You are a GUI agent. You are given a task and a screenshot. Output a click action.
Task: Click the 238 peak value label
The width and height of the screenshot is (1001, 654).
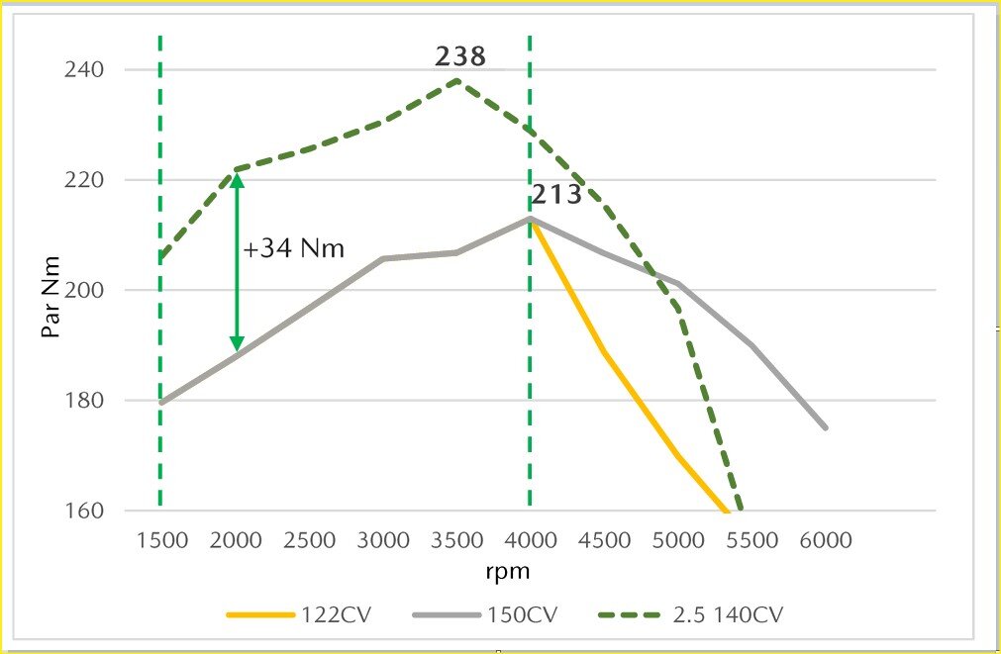pos(460,57)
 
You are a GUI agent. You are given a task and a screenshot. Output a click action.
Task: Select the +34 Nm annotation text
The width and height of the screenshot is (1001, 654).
pos(294,248)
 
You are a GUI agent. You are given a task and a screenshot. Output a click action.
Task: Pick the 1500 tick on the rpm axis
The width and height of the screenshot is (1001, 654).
pos(160,541)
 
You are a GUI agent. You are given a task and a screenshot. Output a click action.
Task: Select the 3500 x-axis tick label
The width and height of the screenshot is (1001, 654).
pos(456,541)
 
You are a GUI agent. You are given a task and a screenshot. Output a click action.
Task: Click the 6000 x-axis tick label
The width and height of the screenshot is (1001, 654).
pos(826,541)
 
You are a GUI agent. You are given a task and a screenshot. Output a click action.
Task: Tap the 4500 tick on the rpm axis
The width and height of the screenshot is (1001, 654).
pos(604,541)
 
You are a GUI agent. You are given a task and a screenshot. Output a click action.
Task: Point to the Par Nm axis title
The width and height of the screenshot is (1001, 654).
pos(50,297)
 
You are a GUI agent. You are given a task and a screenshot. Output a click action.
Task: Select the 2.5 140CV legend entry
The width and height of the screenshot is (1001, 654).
pos(693,613)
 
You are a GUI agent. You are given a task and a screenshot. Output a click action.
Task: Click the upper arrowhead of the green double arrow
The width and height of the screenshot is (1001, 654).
pos(237,180)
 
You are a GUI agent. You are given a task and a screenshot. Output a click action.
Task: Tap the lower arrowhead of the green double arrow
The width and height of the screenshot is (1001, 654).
pos(237,344)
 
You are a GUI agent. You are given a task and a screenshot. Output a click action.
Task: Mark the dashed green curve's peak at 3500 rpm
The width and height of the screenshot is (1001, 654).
pos(456,80)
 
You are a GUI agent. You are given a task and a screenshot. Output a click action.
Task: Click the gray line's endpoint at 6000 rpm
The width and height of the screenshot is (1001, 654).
pos(826,427)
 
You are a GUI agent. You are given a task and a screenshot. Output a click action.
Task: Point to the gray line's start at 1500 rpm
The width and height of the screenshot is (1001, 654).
pos(160,403)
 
